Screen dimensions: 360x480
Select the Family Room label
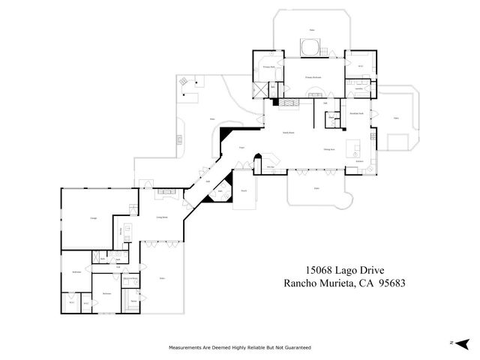[287, 133]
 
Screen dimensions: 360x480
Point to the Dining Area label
[328, 149]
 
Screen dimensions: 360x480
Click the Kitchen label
[359, 160]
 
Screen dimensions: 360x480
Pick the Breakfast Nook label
[356, 113]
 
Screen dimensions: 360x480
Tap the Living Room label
[161, 217]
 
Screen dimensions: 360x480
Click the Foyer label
[242, 148]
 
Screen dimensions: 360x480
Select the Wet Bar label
[270, 166]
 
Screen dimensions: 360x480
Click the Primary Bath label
[266, 67]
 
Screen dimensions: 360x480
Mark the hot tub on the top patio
[310, 48]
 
